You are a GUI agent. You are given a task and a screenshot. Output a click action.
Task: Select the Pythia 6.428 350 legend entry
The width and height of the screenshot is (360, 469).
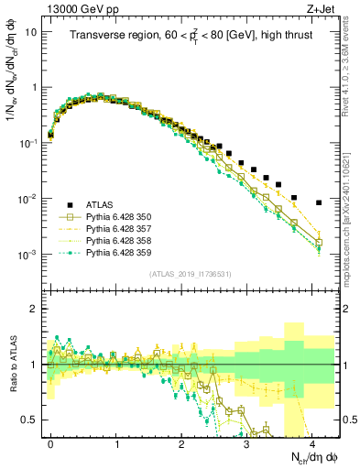(x=120, y=216)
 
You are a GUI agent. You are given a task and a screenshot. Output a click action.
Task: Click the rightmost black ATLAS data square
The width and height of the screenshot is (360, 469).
(x=318, y=202)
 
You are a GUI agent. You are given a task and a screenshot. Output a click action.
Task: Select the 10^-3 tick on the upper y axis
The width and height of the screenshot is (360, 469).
(x=27, y=255)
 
